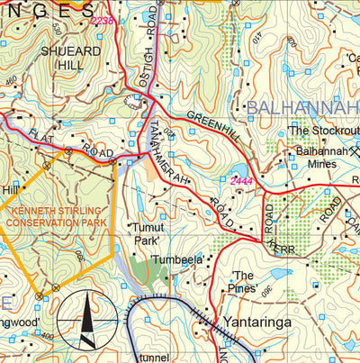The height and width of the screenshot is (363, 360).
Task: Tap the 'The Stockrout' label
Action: coord(324,131)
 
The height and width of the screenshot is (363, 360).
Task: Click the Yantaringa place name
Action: coord(265,318)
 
